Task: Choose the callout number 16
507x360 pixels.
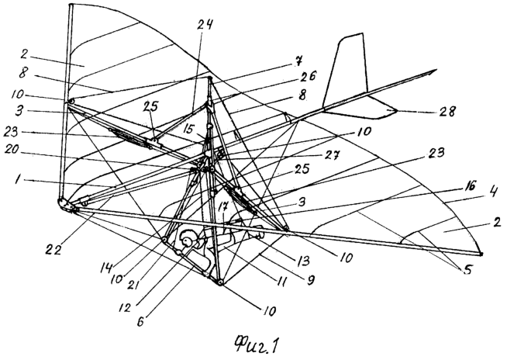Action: click(x=467, y=187)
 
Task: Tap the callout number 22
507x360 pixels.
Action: click(x=52, y=250)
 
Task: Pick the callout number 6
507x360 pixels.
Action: click(x=141, y=321)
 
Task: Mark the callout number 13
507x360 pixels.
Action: click(x=302, y=259)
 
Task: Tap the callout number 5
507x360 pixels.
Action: click(x=466, y=268)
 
